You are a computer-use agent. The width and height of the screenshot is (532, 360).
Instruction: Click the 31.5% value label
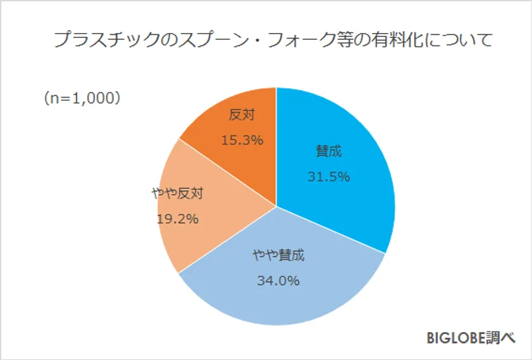[329, 177]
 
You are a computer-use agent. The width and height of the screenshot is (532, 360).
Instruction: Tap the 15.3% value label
[242, 140]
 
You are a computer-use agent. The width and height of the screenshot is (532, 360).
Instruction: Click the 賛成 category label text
[329, 152]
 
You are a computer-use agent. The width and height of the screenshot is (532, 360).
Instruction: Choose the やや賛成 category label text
[278, 256]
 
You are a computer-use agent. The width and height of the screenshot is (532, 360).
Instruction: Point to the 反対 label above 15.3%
[241, 116]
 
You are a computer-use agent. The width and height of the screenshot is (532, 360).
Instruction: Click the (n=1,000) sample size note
[82, 98]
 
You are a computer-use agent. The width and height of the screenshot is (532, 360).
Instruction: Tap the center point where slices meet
[276, 205]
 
